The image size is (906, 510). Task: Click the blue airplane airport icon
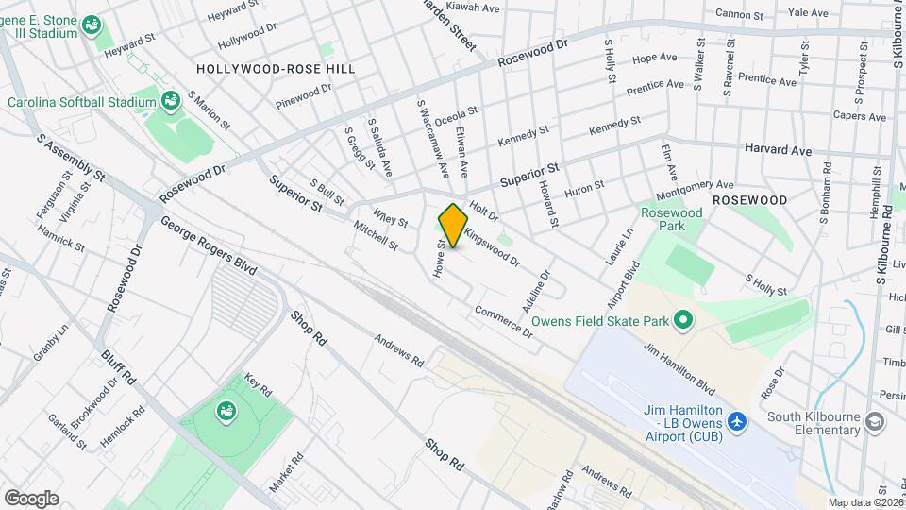[x=738, y=418]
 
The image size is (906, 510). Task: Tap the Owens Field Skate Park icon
[x=683, y=321]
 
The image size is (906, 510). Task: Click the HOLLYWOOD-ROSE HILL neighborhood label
[x=262, y=69]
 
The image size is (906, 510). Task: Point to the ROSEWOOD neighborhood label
[x=749, y=200]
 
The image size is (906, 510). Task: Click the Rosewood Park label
[x=672, y=220]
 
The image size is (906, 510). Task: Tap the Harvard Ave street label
[x=778, y=150]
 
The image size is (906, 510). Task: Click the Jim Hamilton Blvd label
[x=679, y=365]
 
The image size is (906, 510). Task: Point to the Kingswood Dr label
[x=492, y=243]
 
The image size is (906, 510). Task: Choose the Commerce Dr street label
[x=504, y=321]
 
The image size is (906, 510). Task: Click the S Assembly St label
[x=71, y=158]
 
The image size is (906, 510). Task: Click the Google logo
[x=31, y=498]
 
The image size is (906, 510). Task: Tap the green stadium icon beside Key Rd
[x=226, y=410]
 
